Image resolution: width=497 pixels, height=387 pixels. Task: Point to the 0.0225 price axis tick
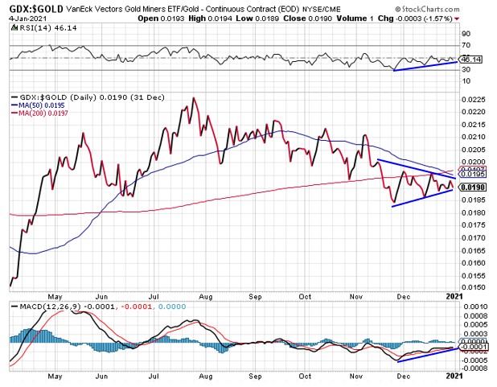click(477, 99)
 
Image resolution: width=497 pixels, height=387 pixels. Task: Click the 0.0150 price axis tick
click(477, 287)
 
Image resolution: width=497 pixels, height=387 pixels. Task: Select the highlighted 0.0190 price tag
click(478, 187)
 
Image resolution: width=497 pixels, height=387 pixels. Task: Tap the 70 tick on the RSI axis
click(467, 47)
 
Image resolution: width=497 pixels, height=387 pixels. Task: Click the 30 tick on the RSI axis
click(467, 70)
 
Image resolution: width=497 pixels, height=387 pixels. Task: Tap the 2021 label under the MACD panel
click(455, 375)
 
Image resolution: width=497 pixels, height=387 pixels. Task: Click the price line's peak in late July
click(193, 99)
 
